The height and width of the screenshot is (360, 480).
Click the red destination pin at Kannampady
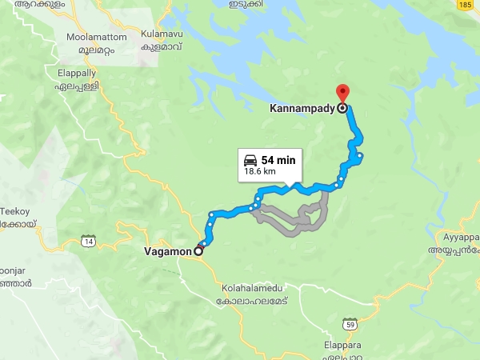click(342, 93)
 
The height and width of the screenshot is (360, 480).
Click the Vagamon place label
click(168, 251)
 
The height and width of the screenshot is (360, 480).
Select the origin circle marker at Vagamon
click(199, 250)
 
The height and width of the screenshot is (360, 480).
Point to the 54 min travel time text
click(278, 160)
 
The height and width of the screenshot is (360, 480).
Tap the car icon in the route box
click(250, 159)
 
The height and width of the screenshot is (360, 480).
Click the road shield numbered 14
click(88, 240)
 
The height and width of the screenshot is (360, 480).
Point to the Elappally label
click(77, 72)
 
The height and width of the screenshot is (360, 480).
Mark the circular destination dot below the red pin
click(342, 107)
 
